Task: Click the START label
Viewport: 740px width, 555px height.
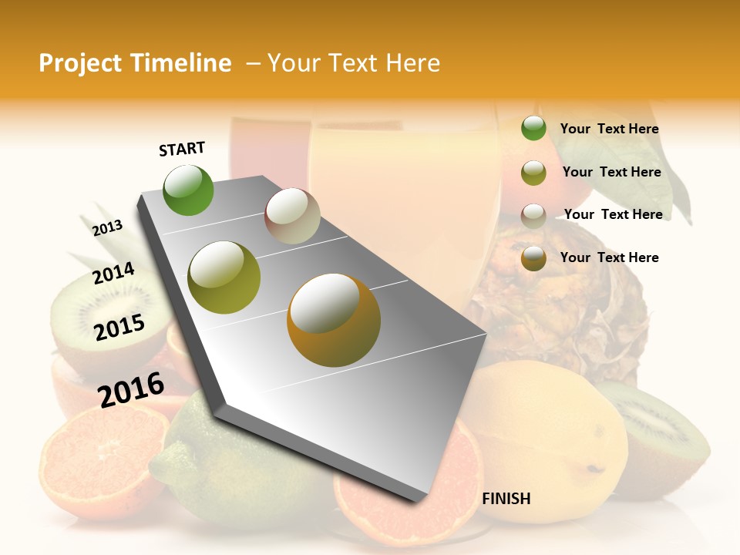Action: click(182, 149)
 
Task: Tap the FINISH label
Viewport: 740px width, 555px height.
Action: click(506, 499)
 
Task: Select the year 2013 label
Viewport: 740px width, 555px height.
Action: click(107, 227)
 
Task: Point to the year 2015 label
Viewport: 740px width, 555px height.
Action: click(119, 328)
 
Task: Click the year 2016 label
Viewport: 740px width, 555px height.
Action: click(131, 389)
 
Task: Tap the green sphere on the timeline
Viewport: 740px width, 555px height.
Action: click(189, 190)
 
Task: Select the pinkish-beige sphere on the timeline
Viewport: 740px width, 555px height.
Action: click(292, 216)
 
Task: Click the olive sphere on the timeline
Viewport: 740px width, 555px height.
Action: click(224, 277)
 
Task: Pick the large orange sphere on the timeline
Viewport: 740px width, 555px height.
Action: click(334, 320)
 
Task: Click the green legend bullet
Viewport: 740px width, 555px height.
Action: click(533, 129)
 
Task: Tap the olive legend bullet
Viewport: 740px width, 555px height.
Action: click(533, 173)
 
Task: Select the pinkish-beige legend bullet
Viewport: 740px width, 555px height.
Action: click(533, 215)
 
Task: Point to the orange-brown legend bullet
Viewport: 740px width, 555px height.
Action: click(533, 258)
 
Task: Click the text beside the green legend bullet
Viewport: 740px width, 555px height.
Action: click(609, 129)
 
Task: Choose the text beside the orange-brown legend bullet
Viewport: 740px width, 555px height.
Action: click(609, 257)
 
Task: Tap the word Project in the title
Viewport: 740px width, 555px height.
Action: click(80, 63)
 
